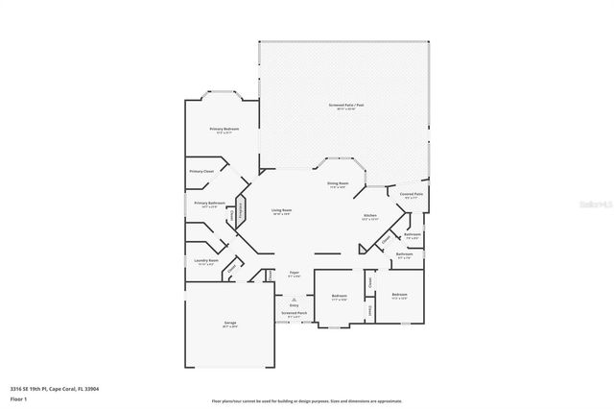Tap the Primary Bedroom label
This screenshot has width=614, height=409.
(224, 130)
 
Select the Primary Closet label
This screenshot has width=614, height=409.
(201, 171)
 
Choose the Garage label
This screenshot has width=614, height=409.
(229, 324)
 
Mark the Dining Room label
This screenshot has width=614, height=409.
(338, 184)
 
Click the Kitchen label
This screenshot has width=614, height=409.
(369, 217)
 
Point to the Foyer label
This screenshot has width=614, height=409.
(294, 274)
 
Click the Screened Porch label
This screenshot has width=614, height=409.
(294, 314)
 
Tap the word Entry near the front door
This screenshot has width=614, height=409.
(294, 304)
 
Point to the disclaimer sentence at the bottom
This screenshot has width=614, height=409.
(307, 400)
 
